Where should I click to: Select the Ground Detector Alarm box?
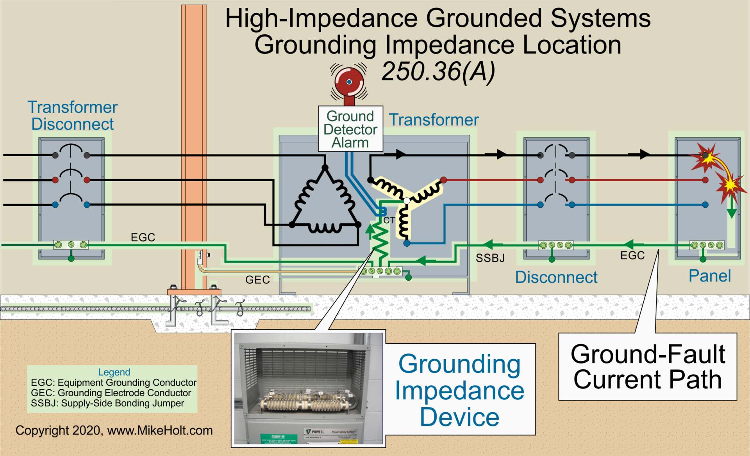[350, 129]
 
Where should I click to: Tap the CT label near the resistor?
[389, 220]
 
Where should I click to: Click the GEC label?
[257, 280]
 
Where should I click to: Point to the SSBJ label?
[490, 258]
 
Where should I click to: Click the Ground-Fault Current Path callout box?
[647, 366]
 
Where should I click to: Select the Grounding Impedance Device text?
[459, 390]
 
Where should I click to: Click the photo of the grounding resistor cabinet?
[309, 388]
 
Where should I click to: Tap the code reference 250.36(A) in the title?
[438, 72]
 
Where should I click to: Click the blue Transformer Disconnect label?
[73, 116]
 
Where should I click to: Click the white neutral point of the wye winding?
[407, 201]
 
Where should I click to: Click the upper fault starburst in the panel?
[705, 156]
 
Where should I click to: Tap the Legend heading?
[114, 372]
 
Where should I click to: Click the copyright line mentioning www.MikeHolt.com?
[114, 430]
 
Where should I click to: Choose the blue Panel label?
[709, 276]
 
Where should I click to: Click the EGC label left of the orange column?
[143, 237]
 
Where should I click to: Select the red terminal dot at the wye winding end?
[443, 180]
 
